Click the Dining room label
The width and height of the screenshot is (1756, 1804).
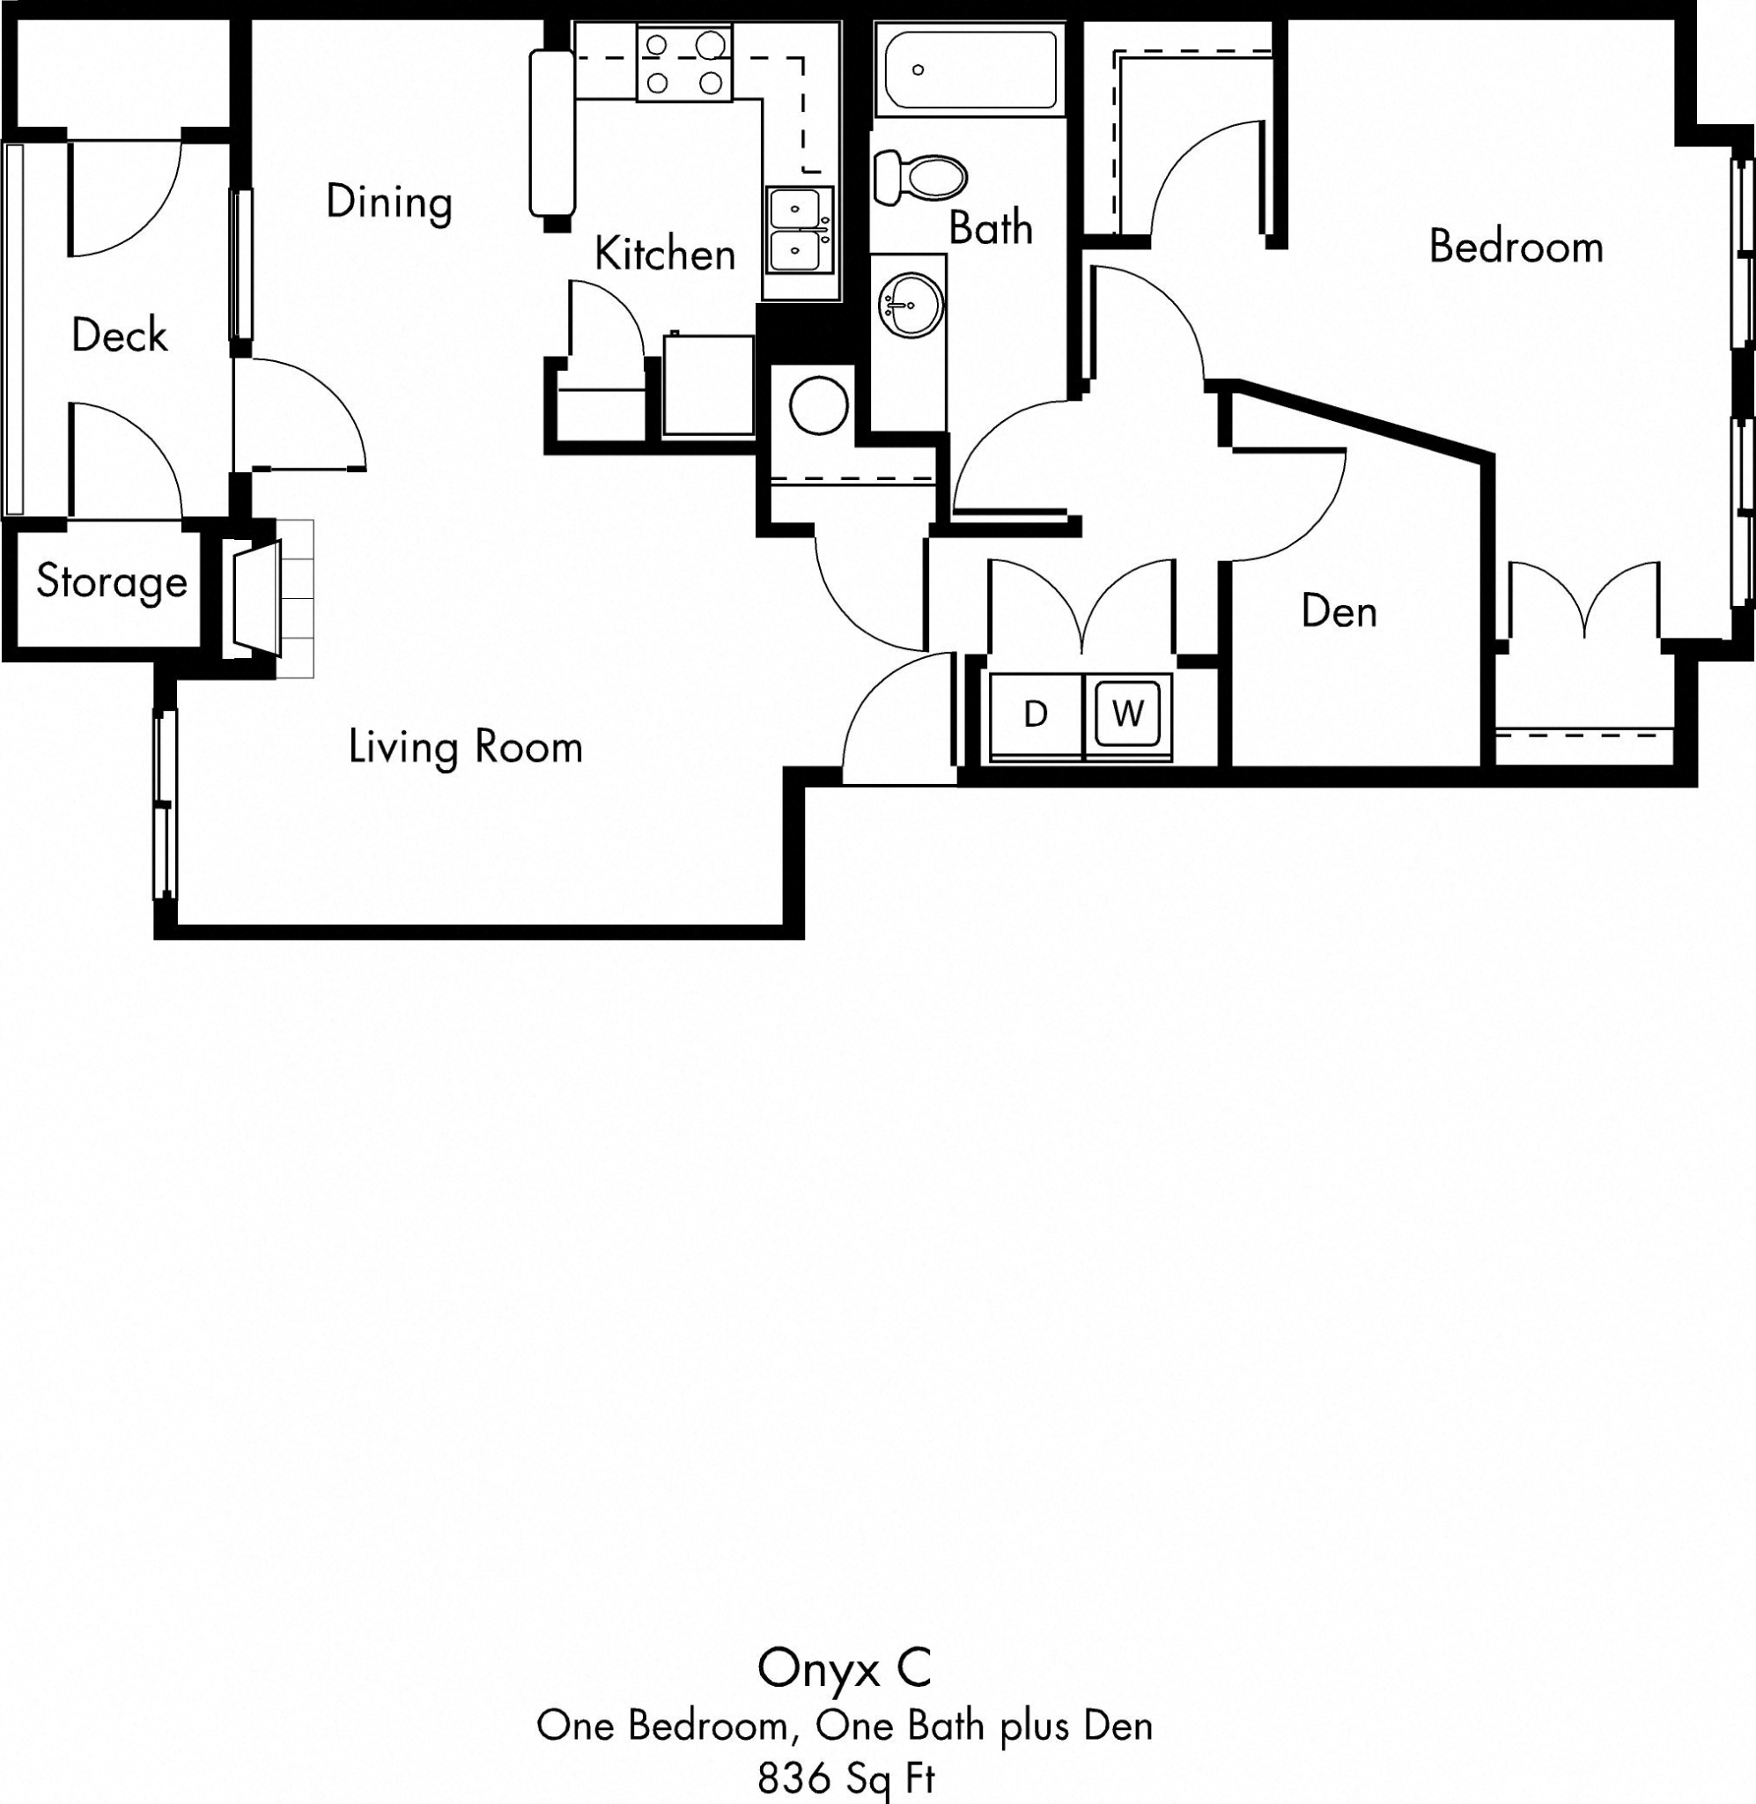coord(388,202)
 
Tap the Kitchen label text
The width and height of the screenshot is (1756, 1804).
coord(664,254)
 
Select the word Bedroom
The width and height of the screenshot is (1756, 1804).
coord(1516,247)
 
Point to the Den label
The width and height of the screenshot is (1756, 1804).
coord(1339,611)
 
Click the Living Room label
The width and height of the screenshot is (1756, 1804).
coord(465,746)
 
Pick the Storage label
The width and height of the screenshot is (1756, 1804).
coord(112,581)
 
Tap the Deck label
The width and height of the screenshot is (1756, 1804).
coord(119,335)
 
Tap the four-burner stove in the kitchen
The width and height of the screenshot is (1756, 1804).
coord(683,63)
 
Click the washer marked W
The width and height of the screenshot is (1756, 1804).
coord(1127,713)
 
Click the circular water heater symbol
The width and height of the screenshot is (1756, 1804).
coord(818,405)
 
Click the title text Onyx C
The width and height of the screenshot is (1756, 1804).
coord(844,1667)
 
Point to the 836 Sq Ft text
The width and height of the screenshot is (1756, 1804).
coord(845,1778)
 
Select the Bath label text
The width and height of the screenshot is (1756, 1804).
coord(991,227)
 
